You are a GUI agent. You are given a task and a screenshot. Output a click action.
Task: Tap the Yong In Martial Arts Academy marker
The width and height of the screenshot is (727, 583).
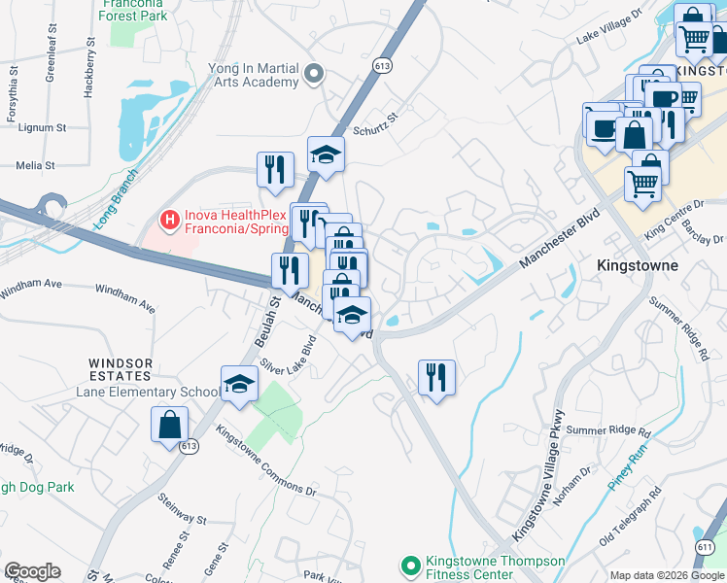pos(313,74)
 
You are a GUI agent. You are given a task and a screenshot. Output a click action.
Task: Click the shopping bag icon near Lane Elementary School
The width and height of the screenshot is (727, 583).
pos(169,424)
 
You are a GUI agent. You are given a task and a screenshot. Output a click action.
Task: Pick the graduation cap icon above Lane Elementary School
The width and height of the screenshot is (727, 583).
pos(239,384)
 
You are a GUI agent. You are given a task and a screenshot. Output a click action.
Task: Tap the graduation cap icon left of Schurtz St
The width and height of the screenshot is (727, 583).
pos(327,154)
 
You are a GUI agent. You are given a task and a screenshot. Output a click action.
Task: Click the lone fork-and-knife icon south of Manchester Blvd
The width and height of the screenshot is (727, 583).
pos(436,376)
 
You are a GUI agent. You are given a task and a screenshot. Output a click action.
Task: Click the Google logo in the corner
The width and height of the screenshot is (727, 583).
pos(32,571)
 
